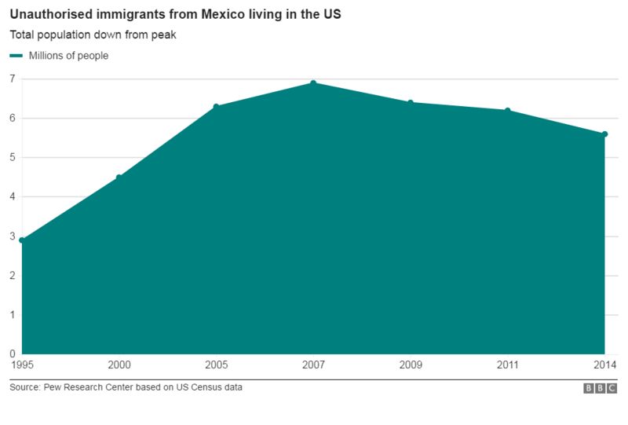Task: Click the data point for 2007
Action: tap(313, 82)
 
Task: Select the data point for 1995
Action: tap(22, 240)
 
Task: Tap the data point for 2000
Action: tap(119, 177)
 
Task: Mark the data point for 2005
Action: tap(216, 106)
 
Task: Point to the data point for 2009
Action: tap(410, 102)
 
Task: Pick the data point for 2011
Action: tap(507, 110)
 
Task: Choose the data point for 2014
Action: tap(604, 134)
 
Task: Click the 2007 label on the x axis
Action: tap(313, 365)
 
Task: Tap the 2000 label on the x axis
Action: tap(119, 365)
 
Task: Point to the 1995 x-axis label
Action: tap(22, 365)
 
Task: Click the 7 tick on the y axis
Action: tap(13, 79)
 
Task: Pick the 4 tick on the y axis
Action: tap(13, 196)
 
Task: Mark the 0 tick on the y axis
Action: tap(13, 354)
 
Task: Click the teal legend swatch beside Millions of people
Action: tap(16, 56)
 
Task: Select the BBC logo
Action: tap(601, 388)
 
